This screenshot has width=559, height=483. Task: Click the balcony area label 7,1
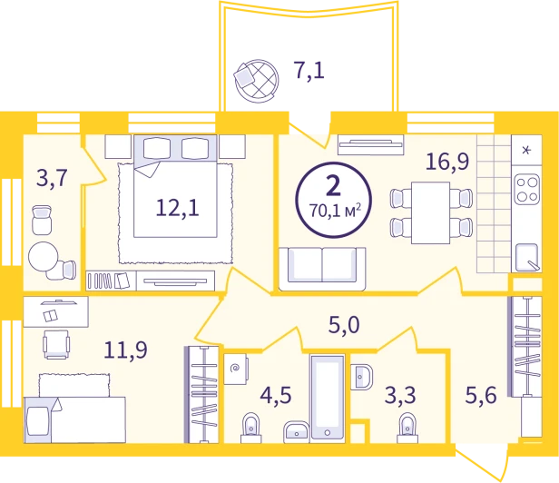pos(309,70)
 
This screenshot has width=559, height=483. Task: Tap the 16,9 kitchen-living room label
pos(447,162)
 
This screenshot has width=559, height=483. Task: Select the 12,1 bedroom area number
pos(177,208)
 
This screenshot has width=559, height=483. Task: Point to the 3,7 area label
pos(52,178)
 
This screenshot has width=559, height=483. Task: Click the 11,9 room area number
pos(125,350)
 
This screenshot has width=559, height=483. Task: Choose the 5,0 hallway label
pos(344,325)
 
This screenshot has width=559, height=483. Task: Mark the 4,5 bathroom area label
pos(276,395)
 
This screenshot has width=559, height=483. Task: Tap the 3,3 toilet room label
pos(400,395)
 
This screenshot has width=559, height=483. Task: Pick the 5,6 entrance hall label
pos(481,395)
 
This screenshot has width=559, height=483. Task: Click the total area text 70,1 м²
pos(335,211)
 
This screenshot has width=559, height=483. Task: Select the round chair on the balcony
pos(256,81)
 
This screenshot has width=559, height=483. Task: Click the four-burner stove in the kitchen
pos(527,189)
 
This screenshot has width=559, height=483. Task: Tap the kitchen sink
pos(526,257)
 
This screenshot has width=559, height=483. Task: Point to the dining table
pos(430,213)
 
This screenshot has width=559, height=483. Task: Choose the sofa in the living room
pos(322,269)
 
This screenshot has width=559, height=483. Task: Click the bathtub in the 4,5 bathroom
pos(328,397)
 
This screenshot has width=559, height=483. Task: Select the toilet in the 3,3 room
pos(407,428)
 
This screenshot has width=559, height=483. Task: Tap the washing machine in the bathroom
pos(236,369)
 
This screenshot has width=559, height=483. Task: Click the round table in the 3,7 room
pos(44,257)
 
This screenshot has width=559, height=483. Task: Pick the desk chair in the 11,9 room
pos(56,344)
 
